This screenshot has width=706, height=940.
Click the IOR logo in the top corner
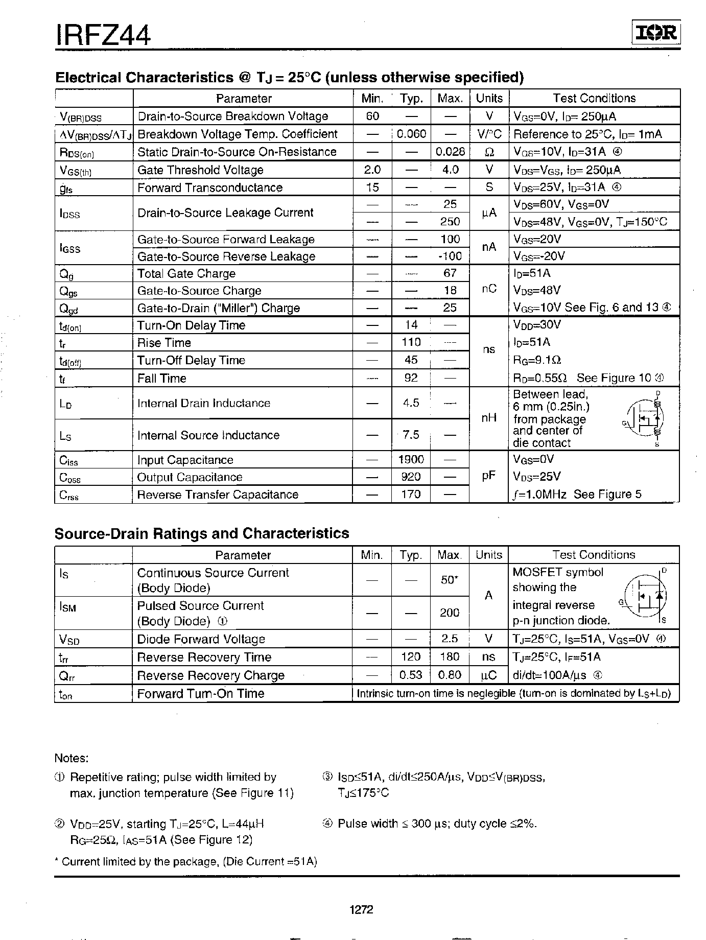pos(656,34)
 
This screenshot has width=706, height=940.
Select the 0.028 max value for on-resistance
pos(450,152)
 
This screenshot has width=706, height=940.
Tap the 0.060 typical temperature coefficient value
pos(411,134)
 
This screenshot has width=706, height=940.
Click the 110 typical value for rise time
pos(411,342)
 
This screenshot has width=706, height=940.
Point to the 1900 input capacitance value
pos(411,459)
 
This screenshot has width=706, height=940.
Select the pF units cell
pos(489,476)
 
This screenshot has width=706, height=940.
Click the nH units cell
pos(489,418)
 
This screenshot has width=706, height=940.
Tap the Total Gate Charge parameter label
pos(186,274)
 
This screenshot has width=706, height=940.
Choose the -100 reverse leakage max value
pos(450,256)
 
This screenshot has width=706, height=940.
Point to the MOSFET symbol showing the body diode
pos(646,596)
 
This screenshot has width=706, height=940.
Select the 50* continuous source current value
pos(449,580)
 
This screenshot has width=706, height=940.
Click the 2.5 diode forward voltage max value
pos(450,639)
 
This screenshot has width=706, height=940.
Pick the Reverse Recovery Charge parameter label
pos(210,675)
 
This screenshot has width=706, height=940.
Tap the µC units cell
pos(488,675)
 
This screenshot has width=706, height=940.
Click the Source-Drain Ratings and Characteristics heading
pos(202,533)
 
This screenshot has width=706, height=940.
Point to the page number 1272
pos(362,909)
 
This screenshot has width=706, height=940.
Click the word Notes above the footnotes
pos(72,758)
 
